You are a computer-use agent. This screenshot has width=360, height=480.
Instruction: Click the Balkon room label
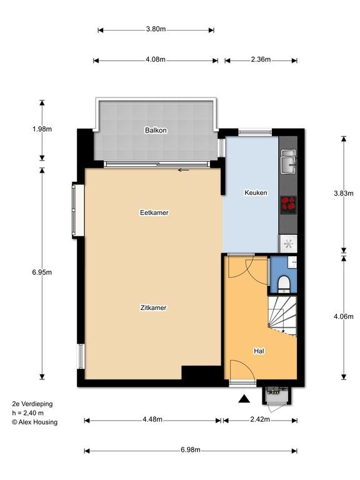156,130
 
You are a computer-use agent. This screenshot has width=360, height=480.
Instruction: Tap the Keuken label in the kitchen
256,192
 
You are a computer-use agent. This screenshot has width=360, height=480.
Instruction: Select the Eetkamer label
154,212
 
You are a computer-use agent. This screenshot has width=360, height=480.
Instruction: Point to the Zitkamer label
153,307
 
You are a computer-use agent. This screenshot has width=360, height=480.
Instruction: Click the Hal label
259,351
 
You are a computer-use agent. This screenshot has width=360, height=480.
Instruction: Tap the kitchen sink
289,161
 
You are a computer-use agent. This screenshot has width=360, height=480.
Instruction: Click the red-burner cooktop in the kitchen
288,205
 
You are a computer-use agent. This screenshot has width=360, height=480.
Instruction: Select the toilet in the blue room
284,283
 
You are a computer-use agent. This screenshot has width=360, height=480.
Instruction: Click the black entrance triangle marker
244,398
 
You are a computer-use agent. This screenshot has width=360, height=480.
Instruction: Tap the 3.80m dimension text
156,29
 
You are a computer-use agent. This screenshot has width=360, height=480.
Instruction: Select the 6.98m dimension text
191,450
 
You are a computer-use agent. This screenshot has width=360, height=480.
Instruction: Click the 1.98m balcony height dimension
42,129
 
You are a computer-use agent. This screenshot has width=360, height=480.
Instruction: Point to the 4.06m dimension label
344,316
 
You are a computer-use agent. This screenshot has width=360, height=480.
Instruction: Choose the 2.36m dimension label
261,59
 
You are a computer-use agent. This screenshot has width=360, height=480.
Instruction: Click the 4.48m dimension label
152,419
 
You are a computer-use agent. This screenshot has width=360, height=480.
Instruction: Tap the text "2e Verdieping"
32,404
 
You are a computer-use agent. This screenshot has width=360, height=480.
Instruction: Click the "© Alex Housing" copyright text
34,422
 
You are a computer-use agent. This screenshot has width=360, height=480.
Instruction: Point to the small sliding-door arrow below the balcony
183,170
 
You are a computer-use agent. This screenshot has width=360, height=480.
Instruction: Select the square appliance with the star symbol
288,244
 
